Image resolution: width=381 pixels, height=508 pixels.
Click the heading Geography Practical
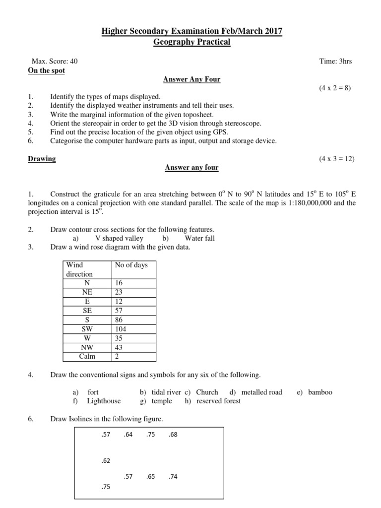[192, 42]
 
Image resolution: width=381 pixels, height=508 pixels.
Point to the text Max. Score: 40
[55, 62]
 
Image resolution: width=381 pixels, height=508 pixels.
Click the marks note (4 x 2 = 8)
[335, 88]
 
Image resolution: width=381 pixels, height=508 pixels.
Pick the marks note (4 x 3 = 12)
[337, 159]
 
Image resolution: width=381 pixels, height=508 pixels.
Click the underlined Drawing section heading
[42, 159]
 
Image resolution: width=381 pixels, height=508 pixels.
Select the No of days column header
[131, 265]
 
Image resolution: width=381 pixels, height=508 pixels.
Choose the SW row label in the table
[87, 329]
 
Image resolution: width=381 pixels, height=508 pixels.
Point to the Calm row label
[87, 356]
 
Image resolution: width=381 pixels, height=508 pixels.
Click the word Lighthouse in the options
[103, 401]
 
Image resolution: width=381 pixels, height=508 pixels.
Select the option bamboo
[320, 392]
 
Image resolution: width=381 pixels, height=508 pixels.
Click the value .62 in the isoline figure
[105, 460]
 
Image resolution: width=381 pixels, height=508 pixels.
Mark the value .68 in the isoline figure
[173, 435]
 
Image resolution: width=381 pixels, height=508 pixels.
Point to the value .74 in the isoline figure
[173, 476]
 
